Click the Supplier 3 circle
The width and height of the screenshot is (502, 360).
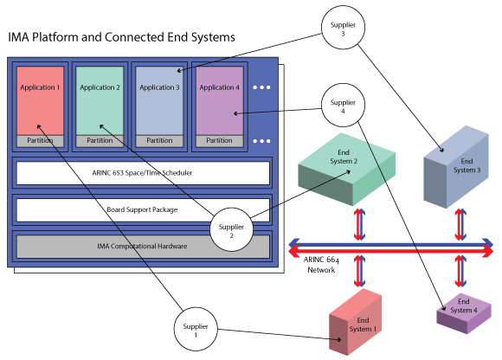point(343,28)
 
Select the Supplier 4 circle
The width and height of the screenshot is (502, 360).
point(343,106)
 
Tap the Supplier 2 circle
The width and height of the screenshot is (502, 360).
point(231,229)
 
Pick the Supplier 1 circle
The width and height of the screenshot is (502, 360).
point(196,329)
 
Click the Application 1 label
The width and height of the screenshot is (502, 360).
point(40,87)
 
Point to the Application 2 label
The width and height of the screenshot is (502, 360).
point(100,87)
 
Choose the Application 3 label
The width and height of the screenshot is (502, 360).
point(159,87)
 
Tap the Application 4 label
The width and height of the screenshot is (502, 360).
point(219,87)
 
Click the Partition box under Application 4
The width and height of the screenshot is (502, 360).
point(219,141)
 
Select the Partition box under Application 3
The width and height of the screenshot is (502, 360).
point(159,141)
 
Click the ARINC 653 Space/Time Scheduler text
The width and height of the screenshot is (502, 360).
point(142,173)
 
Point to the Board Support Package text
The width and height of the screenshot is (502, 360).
point(142,209)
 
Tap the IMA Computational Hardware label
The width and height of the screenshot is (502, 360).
point(142,246)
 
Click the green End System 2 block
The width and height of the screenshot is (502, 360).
point(347,170)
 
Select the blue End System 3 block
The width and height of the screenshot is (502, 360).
point(456,167)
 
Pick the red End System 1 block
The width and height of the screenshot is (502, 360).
point(356,322)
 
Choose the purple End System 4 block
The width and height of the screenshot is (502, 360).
point(464,313)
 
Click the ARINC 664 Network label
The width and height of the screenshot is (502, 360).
point(321,265)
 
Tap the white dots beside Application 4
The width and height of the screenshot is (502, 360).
point(261,87)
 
